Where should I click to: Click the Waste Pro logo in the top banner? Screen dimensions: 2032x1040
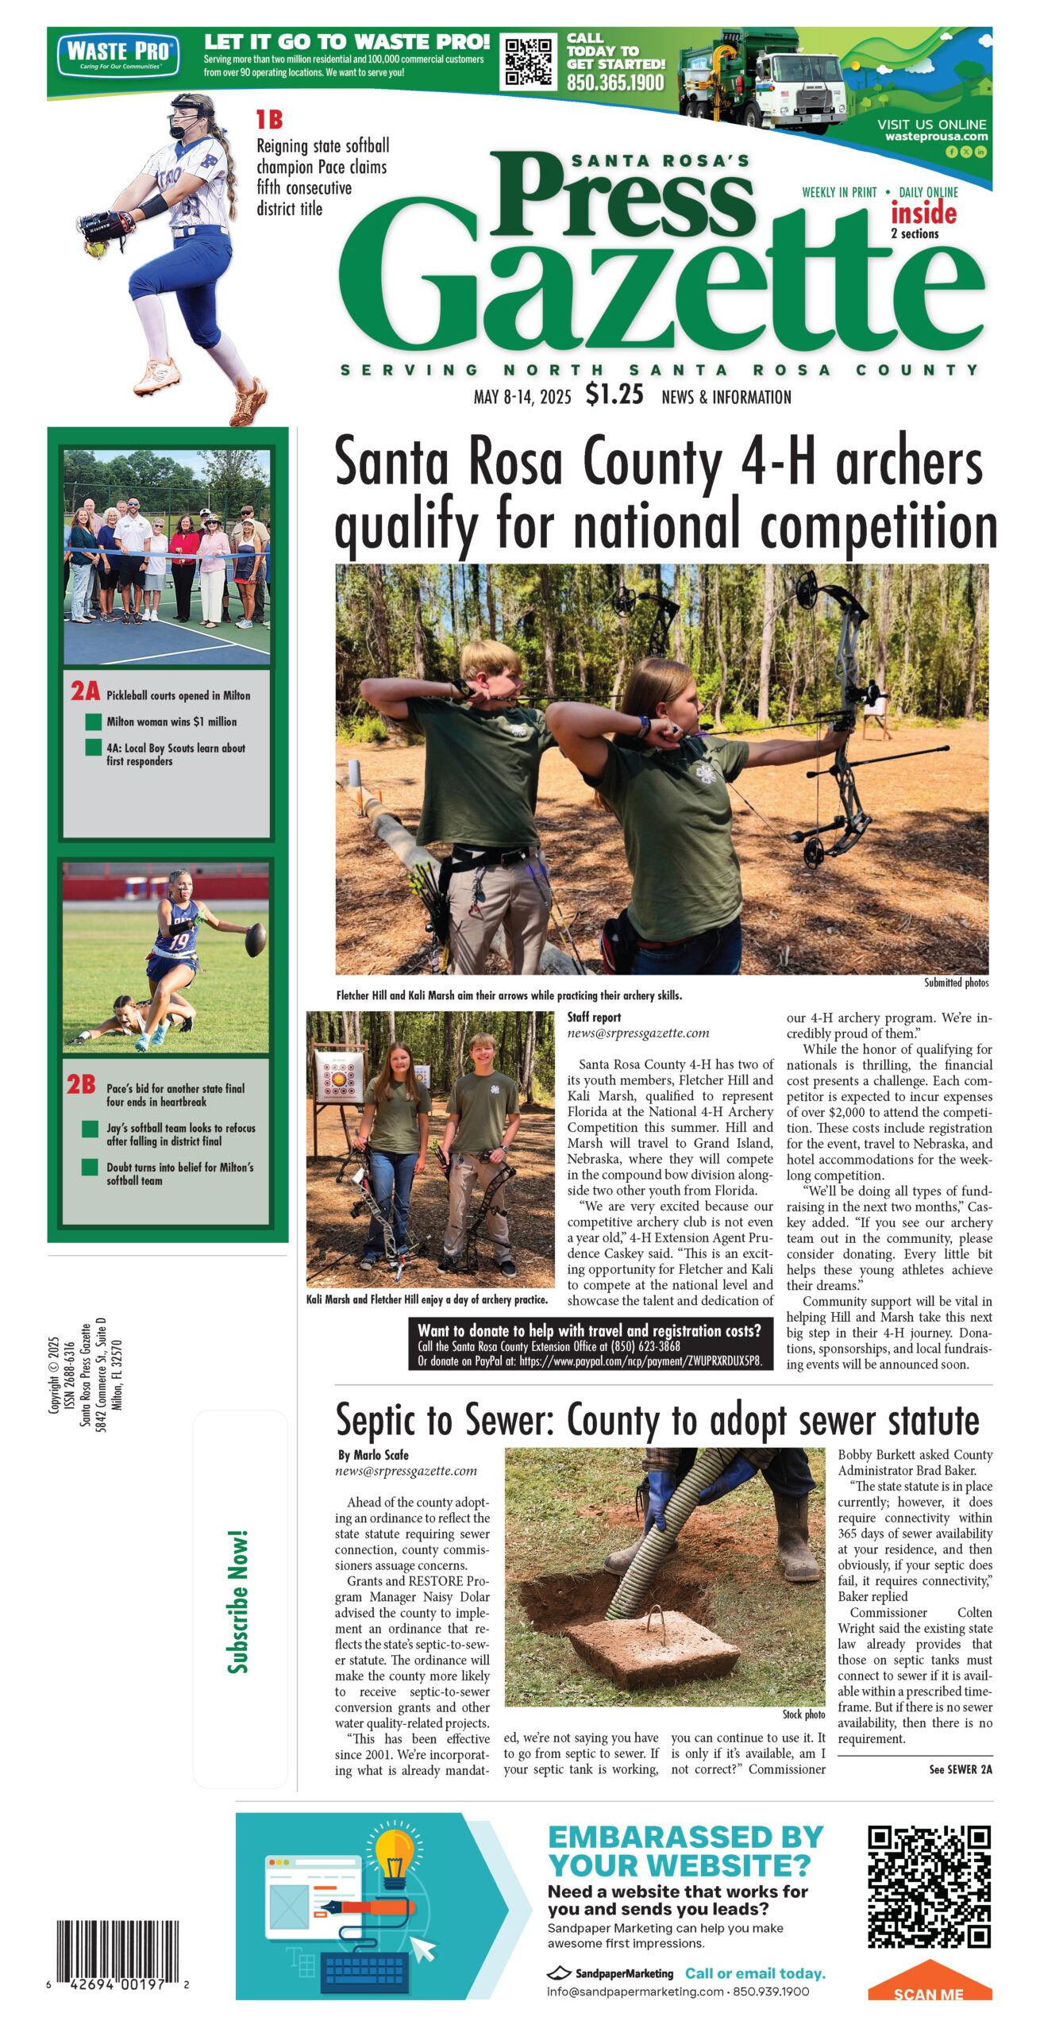coord(118,55)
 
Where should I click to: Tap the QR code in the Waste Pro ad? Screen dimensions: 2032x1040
coord(529,62)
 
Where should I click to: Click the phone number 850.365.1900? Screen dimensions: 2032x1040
coord(614,83)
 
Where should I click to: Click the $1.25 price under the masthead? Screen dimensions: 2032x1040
coord(614,394)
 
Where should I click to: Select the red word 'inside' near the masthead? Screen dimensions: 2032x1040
coord(923,214)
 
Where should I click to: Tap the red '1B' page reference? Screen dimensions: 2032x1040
coord(269,120)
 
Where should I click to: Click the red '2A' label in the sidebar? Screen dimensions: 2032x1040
coord(85,691)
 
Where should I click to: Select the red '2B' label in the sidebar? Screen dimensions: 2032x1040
coord(82,1084)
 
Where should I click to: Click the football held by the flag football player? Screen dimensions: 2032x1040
coord(256,939)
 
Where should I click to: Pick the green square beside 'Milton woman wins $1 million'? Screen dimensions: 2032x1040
coord(93,722)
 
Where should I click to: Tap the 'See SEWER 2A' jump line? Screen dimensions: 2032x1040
coord(960,1769)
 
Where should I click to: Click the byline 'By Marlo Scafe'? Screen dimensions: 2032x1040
coord(373,1455)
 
